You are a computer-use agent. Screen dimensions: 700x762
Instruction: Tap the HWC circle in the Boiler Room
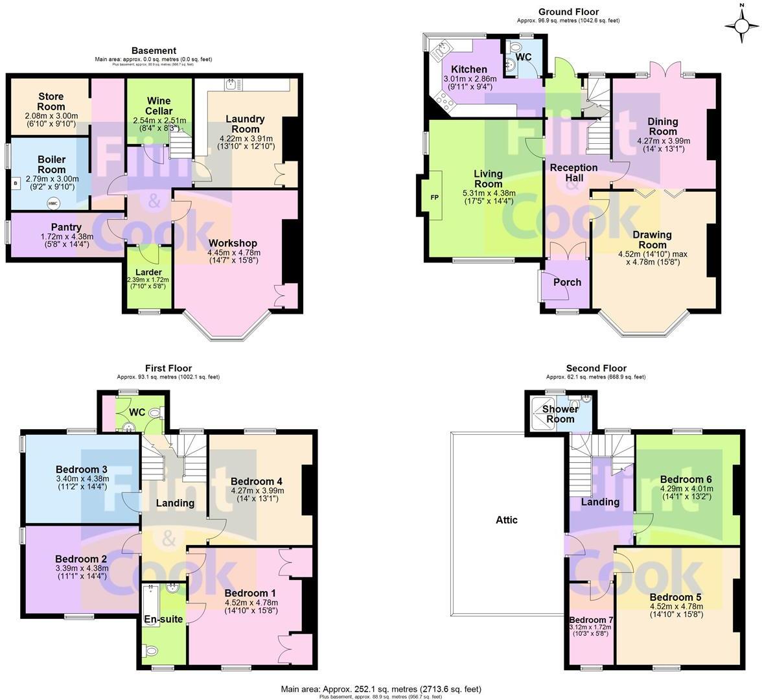(x=52, y=203)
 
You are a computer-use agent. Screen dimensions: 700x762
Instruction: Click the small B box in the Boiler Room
(x=15, y=183)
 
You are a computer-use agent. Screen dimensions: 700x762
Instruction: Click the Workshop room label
(x=233, y=243)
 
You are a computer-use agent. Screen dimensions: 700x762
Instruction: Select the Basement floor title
(x=154, y=51)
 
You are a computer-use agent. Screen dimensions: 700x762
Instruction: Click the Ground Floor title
(x=568, y=12)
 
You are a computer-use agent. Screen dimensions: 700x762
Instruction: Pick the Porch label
(x=567, y=282)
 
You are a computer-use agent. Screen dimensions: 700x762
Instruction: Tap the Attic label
(x=507, y=520)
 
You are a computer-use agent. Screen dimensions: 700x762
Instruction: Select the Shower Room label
(x=560, y=414)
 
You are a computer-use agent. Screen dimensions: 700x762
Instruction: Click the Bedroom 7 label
(x=591, y=620)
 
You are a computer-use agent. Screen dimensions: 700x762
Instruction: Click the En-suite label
(x=163, y=619)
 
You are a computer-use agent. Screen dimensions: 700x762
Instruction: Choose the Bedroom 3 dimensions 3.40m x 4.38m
(x=82, y=479)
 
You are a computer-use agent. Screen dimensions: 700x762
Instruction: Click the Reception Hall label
(x=574, y=172)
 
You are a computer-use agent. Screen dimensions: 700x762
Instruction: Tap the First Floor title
(x=168, y=368)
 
